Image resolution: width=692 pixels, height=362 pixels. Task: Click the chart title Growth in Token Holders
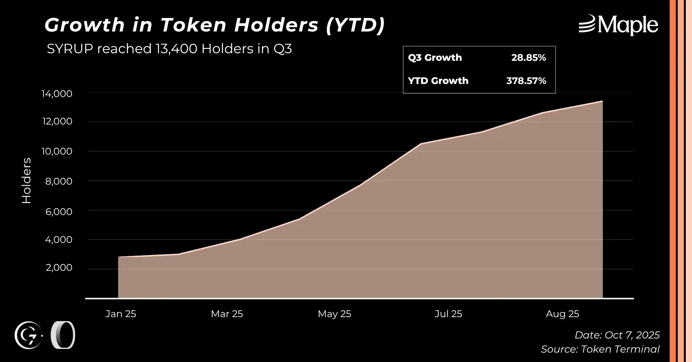tap(214, 25)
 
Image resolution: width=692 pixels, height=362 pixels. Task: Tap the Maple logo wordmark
tap(618, 25)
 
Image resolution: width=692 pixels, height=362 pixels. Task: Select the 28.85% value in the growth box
tap(528, 58)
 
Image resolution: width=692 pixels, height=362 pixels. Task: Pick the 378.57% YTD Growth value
tap(526, 81)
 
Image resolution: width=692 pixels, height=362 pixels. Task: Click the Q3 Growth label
tap(435, 58)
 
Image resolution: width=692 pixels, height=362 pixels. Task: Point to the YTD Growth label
tap(438, 81)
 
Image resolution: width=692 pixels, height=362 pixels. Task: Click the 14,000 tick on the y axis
tap(57, 94)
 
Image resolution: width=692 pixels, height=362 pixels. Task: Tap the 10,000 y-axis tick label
tap(57, 151)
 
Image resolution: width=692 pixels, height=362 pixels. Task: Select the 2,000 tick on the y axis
tap(59, 268)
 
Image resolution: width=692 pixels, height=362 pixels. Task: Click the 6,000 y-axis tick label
tap(59, 211)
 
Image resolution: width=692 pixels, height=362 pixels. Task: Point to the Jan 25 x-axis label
tap(121, 314)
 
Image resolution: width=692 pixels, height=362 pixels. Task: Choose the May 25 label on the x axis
tap(334, 314)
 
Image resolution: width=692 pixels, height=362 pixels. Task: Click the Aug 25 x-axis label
tap(562, 314)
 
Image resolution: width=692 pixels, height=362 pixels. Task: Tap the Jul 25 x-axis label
tap(448, 314)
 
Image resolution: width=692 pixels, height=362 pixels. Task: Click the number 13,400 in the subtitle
tap(176, 49)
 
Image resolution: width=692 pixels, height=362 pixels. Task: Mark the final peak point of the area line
tap(602, 101)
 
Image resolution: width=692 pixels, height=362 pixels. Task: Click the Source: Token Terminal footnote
tap(600, 349)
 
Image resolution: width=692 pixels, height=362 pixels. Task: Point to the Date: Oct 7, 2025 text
tap(617, 335)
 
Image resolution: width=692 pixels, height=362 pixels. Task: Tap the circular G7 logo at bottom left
tap(28, 336)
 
